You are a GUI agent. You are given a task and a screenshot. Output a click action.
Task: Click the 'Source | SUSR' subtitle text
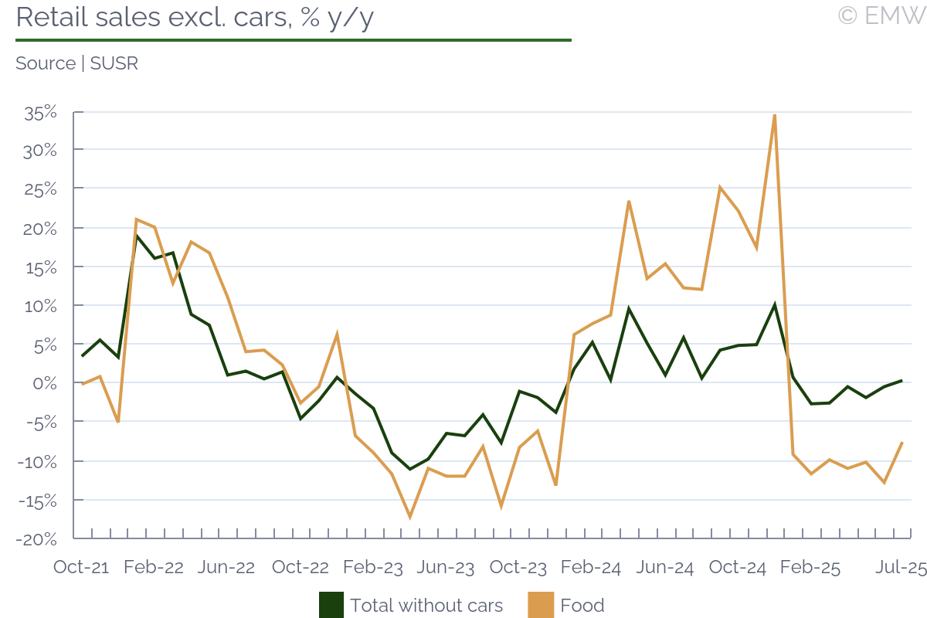point(76,63)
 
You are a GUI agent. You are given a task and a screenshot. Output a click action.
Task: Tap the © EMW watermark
point(881,15)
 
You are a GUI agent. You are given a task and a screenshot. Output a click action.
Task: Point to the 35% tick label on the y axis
point(41,112)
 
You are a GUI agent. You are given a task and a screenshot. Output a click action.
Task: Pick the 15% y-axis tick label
point(41,267)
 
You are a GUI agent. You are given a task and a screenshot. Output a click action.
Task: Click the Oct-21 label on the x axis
point(81,567)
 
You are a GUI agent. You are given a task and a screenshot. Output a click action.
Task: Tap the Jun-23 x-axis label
point(446,567)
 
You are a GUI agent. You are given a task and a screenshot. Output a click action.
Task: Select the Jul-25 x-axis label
point(900,567)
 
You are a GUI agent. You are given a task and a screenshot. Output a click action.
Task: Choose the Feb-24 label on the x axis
point(591,567)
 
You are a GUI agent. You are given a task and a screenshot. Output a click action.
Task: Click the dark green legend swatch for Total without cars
point(331,605)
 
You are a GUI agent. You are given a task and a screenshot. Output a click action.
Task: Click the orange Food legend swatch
point(541,605)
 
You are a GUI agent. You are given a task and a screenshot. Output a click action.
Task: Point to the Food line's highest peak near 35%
point(774,115)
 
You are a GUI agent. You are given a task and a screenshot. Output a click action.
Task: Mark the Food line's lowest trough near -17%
point(409,517)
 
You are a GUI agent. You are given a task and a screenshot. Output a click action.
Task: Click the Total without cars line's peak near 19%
point(136,236)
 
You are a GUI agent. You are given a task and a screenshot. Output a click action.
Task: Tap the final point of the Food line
point(902,443)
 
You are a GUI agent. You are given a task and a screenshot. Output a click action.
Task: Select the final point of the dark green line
point(902,380)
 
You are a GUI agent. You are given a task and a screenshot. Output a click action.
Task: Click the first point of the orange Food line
point(82,384)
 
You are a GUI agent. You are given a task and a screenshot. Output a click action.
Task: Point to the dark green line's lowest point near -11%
point(410,469)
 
